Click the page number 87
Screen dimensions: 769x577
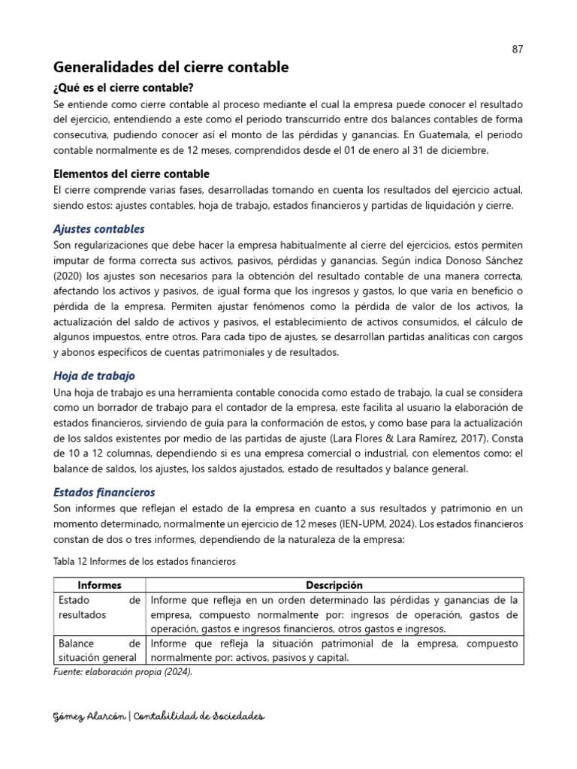point(517,49)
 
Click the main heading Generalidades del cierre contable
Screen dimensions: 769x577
point(171,68)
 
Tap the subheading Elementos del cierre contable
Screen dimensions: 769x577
point(131,173)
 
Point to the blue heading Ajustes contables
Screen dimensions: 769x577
point(99,228)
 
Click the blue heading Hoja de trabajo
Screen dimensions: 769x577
point(95,375)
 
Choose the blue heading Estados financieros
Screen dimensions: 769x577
point(104,492)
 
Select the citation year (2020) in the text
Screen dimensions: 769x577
point(69,276)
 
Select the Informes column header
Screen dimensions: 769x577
point(99,585)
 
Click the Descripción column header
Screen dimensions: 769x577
point(334,585)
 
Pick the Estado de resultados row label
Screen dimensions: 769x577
point(98,607)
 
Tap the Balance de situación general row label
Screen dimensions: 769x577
point(98,651)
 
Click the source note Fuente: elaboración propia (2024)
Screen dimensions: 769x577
point(123,672)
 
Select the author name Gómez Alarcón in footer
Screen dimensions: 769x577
point(89,716)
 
